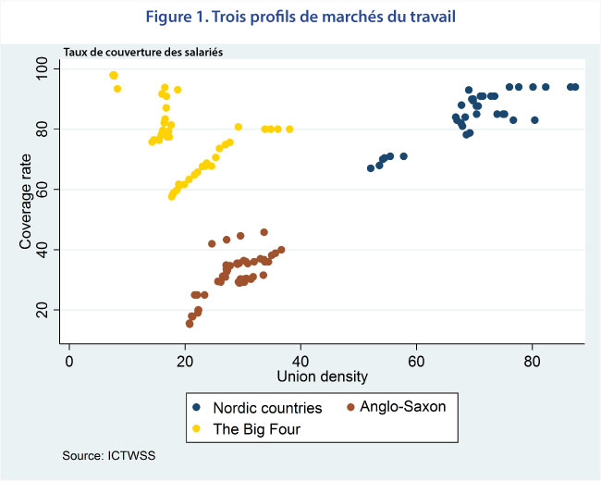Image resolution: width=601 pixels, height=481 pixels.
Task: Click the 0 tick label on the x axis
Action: (69, 360)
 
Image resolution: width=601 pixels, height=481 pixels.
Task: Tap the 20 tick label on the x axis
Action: (185, 360)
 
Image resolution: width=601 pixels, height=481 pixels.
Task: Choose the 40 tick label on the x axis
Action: (301, 360)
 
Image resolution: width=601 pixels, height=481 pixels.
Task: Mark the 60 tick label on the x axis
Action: (417, 360)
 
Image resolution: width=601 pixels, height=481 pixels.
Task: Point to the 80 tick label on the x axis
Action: (533, 360)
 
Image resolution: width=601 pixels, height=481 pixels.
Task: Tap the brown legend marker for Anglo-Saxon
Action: (350, 407)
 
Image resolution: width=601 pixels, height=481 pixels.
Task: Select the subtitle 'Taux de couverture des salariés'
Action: (142, 53)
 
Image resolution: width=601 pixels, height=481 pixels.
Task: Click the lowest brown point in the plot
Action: (190, 324)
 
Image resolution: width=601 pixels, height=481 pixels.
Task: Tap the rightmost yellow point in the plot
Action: (289, 129)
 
